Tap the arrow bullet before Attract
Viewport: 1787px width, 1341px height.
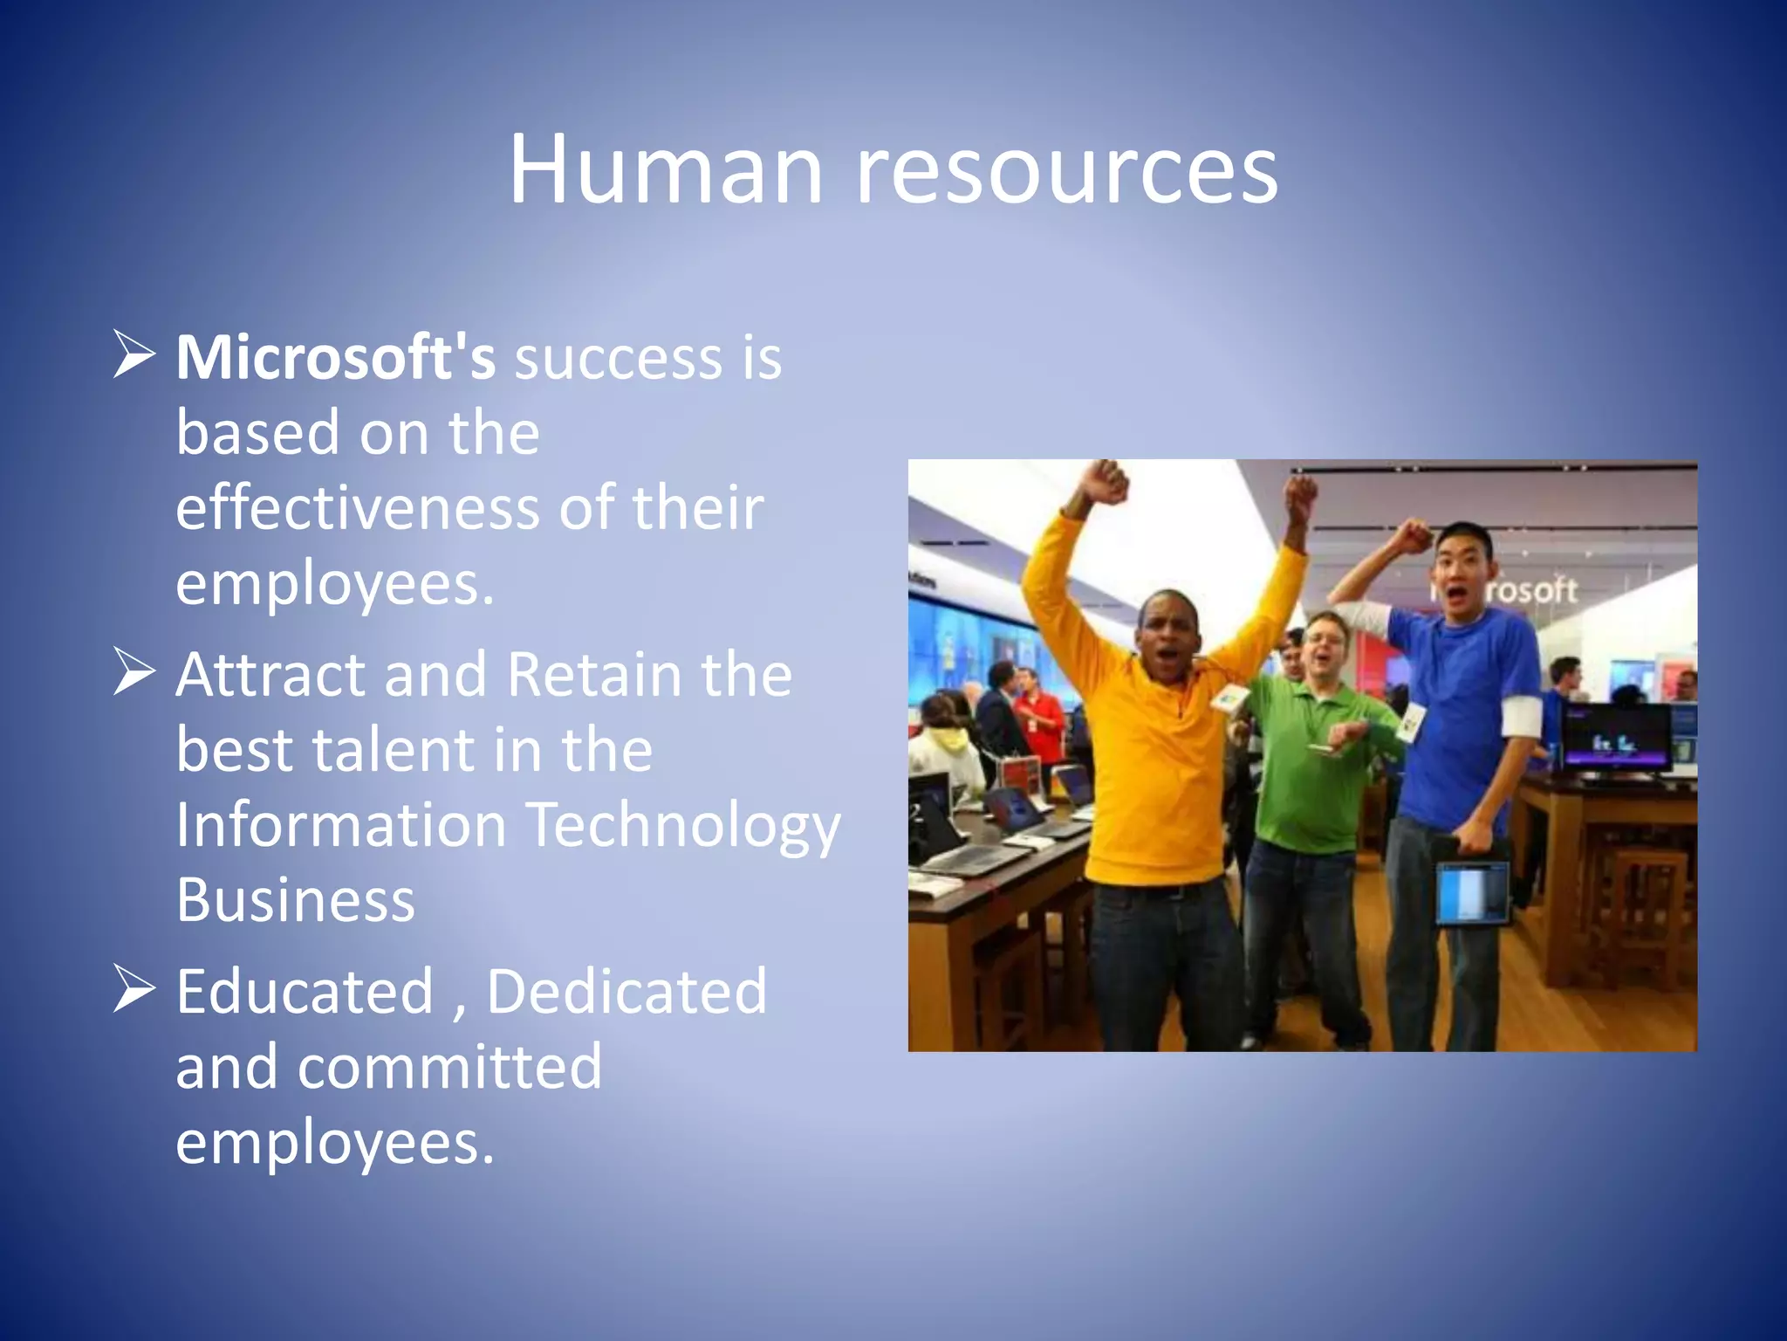pos(134,673)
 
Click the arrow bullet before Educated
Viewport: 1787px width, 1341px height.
pos(134,990)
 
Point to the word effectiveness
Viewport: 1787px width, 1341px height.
pos(357,507)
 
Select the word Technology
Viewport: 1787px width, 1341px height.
pos(685,825)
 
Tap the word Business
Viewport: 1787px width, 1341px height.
pos(295,899)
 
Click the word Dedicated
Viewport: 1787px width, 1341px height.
pos(626,992)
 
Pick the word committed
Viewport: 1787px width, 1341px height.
pos(448,1067)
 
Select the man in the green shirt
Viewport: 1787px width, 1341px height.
pos(1309,768)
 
